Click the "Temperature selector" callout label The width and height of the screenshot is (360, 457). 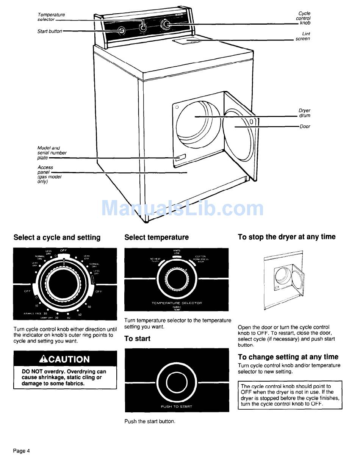click(x=51, y=17)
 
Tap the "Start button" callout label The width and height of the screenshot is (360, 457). click(x=49, y=31)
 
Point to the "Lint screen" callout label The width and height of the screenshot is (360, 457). click(x=303, y=36)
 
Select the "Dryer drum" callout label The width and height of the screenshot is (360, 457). click(x=304, y=113)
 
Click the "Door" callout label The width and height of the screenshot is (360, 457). click(x=305, y=127)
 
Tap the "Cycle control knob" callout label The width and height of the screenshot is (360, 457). click(x=304, y=18)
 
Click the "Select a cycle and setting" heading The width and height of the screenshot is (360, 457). click(x=57, y=238)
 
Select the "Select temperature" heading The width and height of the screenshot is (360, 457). click(x=156, y=237)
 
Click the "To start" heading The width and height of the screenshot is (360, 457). click(x=137, y=338)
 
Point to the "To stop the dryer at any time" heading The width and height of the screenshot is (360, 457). click(x=286, y=237)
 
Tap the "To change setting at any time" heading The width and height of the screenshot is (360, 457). click(x=288, y=357)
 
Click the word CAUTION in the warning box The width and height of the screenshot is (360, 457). click(x=69, y=359)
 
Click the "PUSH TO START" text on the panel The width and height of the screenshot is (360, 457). click(x=177, y=407)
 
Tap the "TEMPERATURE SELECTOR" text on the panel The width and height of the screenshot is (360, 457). click(x=177, y=303)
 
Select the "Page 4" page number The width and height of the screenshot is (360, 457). click(x=21, y=451)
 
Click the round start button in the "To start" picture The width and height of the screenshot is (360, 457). click(x=177, y=381)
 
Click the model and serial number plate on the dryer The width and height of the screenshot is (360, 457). click(x=179, y=157)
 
